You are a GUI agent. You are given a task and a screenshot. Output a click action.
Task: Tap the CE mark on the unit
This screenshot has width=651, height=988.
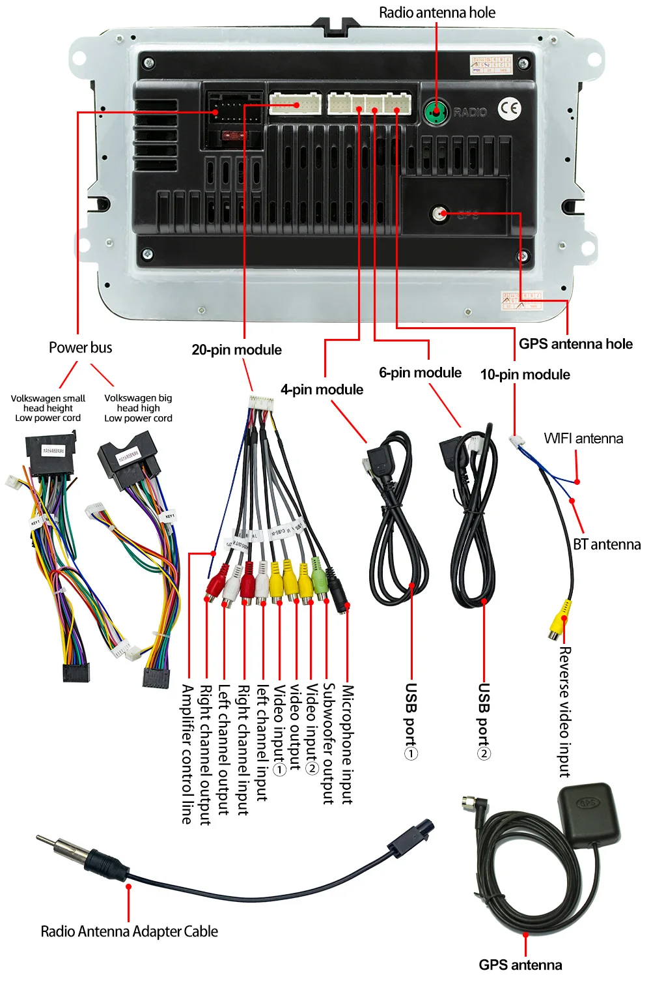510,109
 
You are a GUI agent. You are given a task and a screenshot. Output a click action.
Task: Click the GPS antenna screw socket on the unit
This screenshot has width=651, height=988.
441,213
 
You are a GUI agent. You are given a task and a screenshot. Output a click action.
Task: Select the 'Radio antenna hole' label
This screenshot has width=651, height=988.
437,12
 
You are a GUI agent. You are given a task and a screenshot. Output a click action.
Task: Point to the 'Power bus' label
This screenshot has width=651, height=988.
80,347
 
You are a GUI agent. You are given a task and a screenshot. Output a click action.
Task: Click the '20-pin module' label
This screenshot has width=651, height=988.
236,350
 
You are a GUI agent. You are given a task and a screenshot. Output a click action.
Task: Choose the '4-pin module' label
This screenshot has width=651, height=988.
322,390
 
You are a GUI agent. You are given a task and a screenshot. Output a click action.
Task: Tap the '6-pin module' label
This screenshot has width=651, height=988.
420,373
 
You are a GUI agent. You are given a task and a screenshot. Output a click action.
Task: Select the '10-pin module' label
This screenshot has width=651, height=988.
525,375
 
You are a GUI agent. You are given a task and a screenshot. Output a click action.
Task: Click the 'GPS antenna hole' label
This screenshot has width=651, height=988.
575,344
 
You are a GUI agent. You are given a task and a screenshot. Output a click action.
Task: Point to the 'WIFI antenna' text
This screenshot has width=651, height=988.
583,439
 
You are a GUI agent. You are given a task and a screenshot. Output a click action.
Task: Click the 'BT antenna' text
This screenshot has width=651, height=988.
607,545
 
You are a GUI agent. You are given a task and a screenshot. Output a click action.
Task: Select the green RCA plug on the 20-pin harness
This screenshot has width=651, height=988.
319,577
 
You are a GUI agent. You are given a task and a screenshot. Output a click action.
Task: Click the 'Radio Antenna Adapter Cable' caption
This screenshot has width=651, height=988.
129,931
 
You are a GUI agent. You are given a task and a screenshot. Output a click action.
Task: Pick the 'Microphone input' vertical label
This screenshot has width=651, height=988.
348,744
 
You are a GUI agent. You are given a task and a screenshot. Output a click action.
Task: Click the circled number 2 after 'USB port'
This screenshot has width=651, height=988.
484,753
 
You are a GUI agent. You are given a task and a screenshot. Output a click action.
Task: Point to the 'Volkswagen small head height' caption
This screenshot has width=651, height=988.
48,408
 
